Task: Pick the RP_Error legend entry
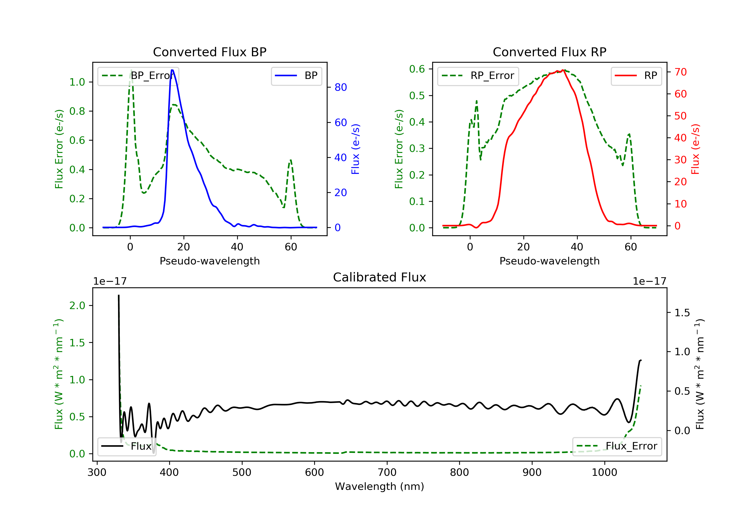coord(478,76)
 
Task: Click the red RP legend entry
coord(636,76)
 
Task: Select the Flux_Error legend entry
coord(617,446)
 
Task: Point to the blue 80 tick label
coord(340,87)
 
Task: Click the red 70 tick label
coord(680,72)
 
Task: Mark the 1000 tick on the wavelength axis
coord(604,473)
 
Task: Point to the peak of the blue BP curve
coord(172,70)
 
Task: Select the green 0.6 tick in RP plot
coord(417,69)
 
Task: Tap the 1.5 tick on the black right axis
coord(682,313)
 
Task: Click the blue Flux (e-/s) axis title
coord(355,149)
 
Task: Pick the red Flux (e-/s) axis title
coord(695,149)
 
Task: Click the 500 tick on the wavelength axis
coord(242,473)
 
